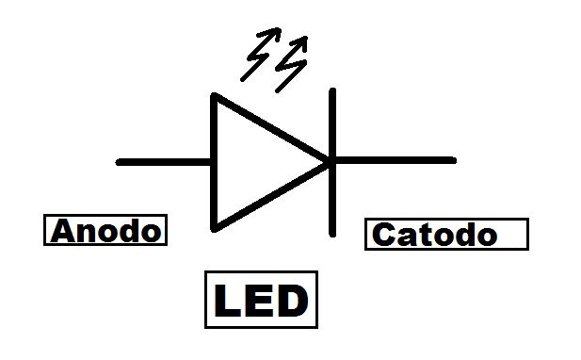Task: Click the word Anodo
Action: coord(105,231)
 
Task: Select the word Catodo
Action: coord(434,234)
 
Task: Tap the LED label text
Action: coord(261,302)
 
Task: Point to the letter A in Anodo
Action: coord(63,231)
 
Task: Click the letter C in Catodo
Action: coord(383,234)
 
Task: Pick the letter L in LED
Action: coord(229,302)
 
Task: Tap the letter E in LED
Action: coord(260,302)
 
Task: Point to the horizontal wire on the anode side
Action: coord(165,162)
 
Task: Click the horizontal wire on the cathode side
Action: coord(395,161)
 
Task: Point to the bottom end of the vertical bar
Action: coord(332,233)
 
